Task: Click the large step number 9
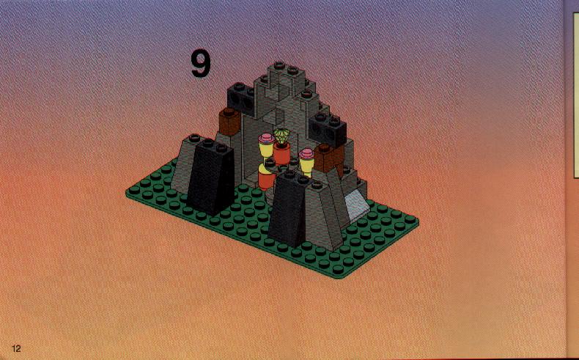point(201,64)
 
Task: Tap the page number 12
point(16,348)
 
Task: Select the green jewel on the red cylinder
point(282,136)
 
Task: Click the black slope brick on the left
point(211,177)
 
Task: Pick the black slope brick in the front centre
point(288,209)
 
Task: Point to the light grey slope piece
point(356,205)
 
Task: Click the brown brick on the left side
point(229,122)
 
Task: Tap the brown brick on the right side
point(328,158)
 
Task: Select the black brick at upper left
point(242,98)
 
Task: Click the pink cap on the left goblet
point(266,139)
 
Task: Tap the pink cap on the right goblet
point(306,153)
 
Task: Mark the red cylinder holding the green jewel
point(282,153)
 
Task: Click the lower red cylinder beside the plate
point(266,180)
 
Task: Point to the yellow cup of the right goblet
point(306,165)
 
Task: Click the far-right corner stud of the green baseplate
point(410,219)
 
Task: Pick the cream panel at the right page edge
point(575,94)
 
